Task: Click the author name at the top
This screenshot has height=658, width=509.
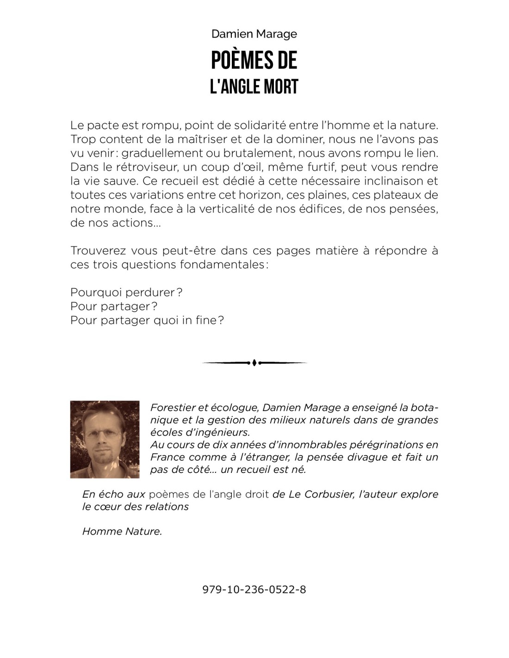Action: click(254, 34)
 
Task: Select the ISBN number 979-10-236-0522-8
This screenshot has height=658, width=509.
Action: click(254, 590)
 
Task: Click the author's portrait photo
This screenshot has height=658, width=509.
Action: click(105, 439)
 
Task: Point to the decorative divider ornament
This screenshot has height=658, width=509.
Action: click(254, 363)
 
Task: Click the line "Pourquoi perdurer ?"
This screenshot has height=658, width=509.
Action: click(126, 292)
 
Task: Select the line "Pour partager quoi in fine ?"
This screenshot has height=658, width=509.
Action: click(147, 320)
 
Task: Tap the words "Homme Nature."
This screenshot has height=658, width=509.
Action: click(122, 531)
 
